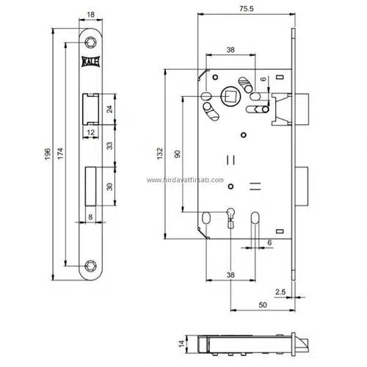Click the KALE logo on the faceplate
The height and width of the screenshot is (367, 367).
click(90, 62)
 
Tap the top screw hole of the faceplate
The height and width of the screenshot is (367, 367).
click(90, 43)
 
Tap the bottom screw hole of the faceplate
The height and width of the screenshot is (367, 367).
click(90, 266)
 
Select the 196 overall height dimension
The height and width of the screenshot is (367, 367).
click(48, 154)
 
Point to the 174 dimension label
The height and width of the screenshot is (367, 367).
click(60, 153)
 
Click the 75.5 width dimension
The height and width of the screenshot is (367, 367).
click(247, 9)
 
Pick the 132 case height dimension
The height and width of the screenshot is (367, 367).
click(159, 153)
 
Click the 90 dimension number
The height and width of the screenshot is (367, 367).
click(178, 154)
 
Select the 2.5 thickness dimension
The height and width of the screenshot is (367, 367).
click(280, 291)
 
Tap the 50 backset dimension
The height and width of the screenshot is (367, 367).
click(263, 305)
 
